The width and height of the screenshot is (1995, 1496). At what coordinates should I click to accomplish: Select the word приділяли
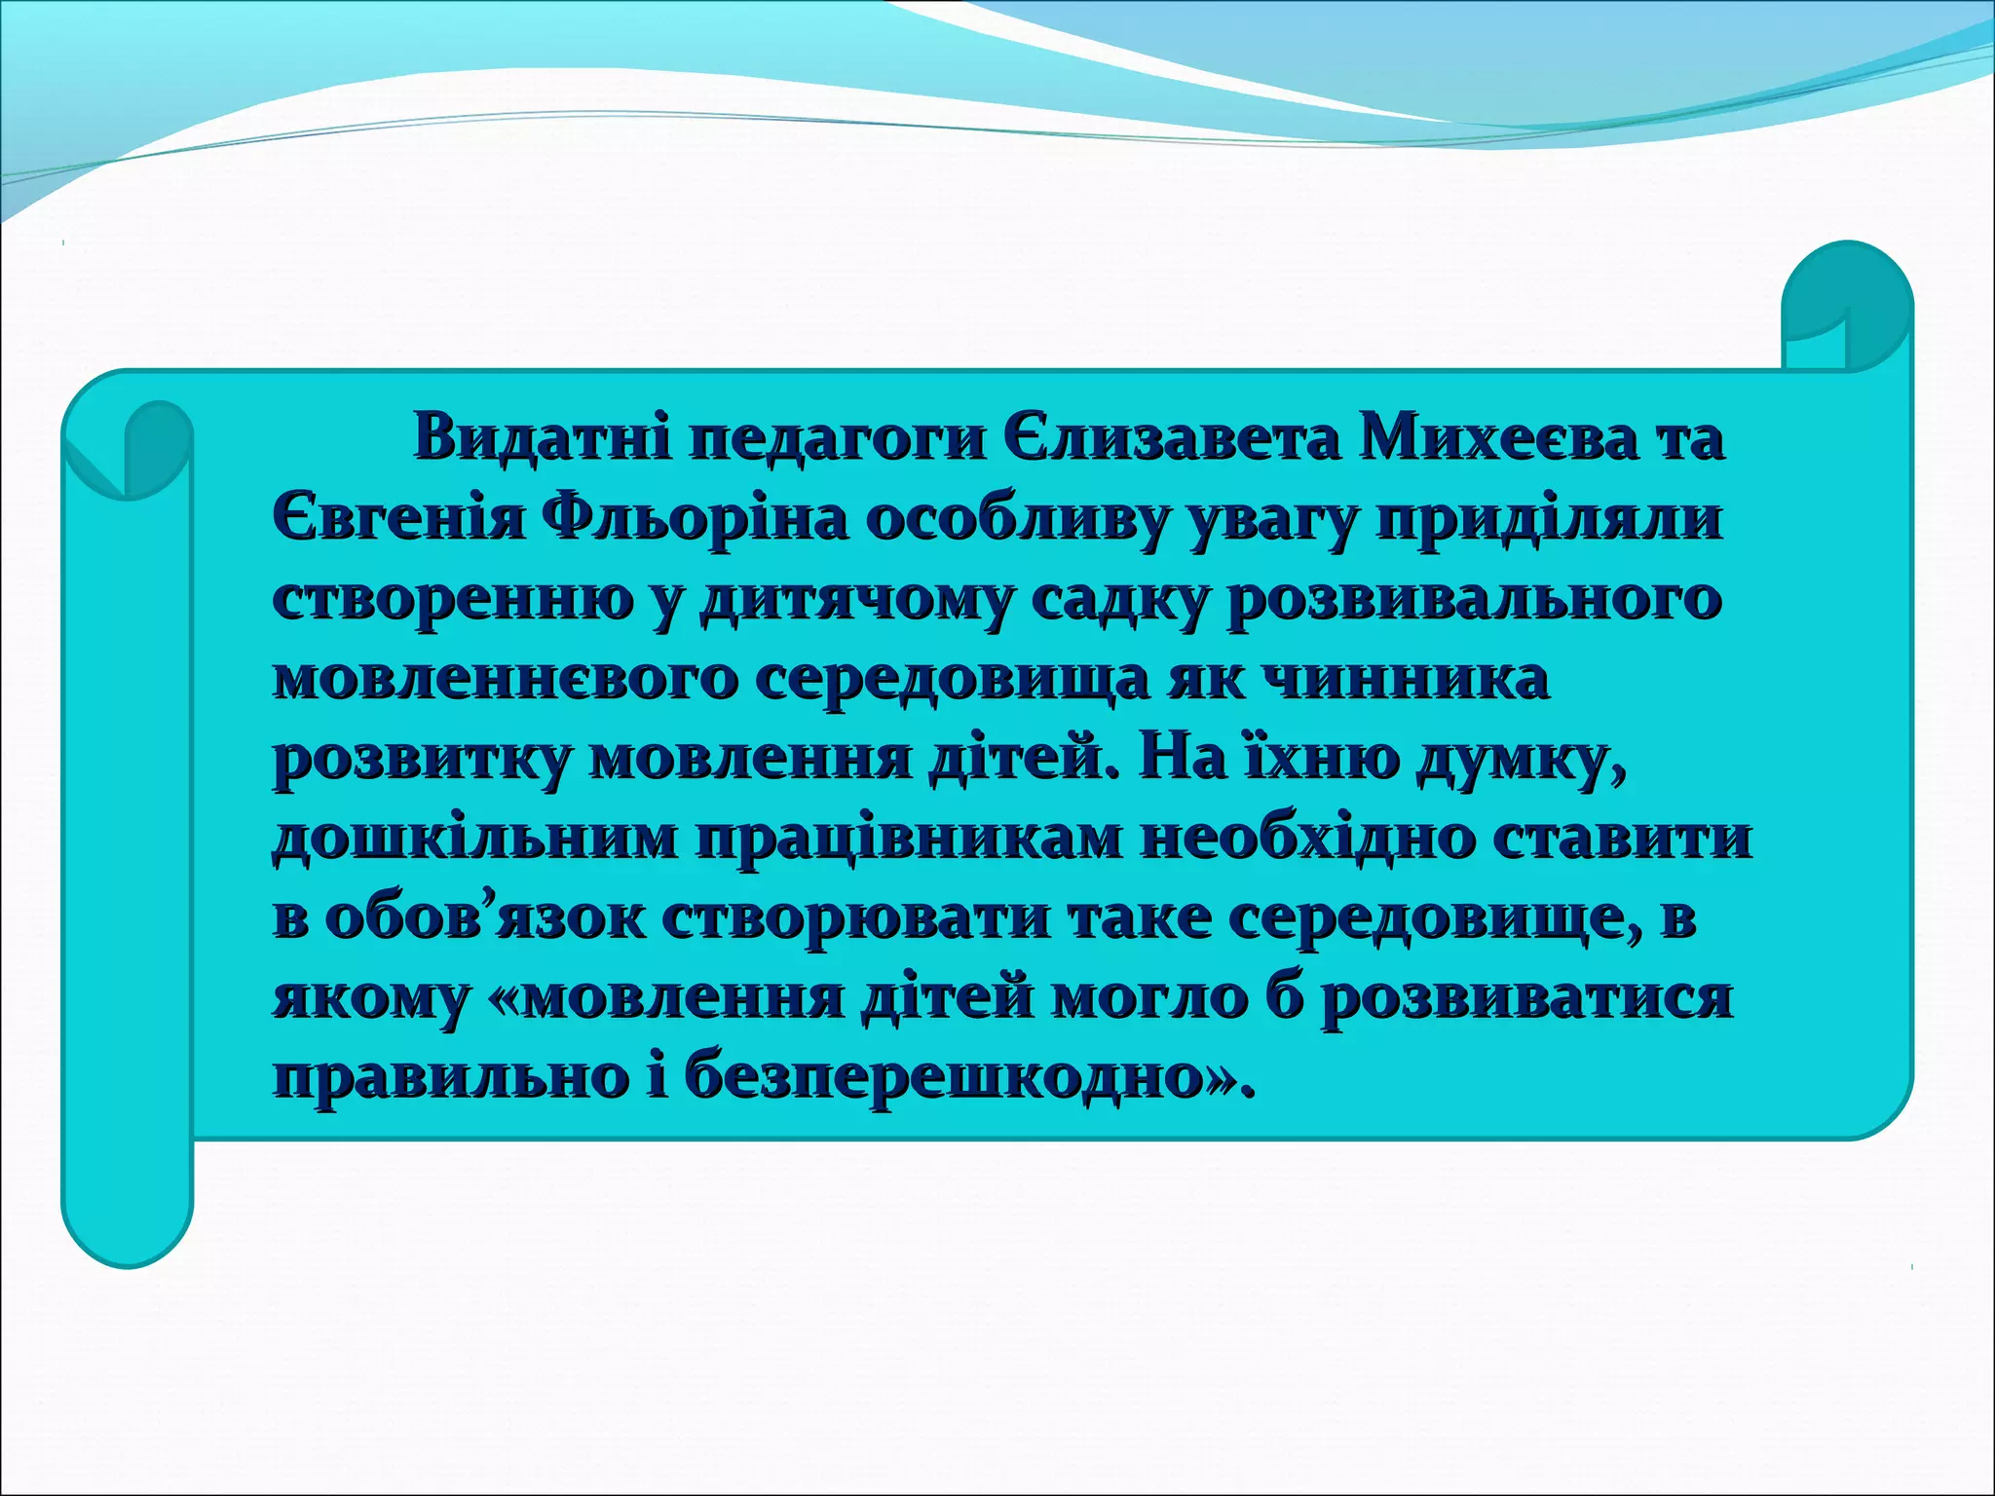pyautogui.click(x=1549, y=519)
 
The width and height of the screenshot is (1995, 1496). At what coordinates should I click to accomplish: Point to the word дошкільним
pyautogui.click(x=473, y=839)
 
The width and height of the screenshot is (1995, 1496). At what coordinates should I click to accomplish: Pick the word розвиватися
pyautogui.click(x=1524, y=998)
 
